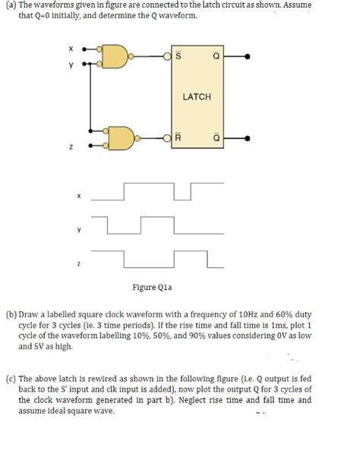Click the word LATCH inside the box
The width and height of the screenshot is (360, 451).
pyautogui.click(x=197, y=97)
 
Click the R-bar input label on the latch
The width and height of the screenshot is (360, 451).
pyautogui.click(x=178, y=139)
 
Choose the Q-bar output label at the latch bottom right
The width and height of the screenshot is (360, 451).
pyautogui.click(x=216, y=139)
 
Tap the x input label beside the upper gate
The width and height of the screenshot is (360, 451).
pyautogui.click(x=71, y=48)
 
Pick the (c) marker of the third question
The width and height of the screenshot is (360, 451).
pyautogui.click(x=11, y=378)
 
